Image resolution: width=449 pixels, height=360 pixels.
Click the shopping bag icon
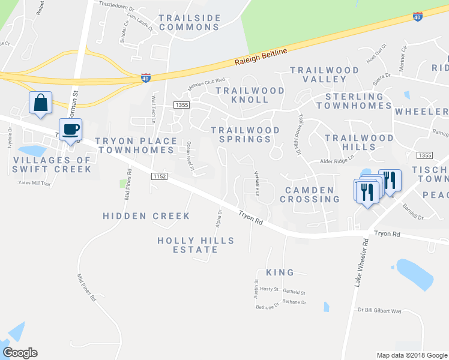pyautogui.click(x=40, y=103)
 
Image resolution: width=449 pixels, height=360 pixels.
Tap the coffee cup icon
pyautogui.click(x=70, y=129)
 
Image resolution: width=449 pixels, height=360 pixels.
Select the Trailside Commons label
pyautogui.click(x=190, y=23)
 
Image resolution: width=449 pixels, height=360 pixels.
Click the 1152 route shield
pyautogui.click(x=159, y=176)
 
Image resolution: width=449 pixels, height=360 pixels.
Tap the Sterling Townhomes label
pyautogui.click(x=354, y=101)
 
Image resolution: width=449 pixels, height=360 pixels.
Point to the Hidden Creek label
pyautogui.click(x=146, y=216)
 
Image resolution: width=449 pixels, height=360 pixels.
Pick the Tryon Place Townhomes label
pyautogui.click(x=137, y=145)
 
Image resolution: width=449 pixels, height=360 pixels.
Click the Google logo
pyautogui.click(x=20, y=353)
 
